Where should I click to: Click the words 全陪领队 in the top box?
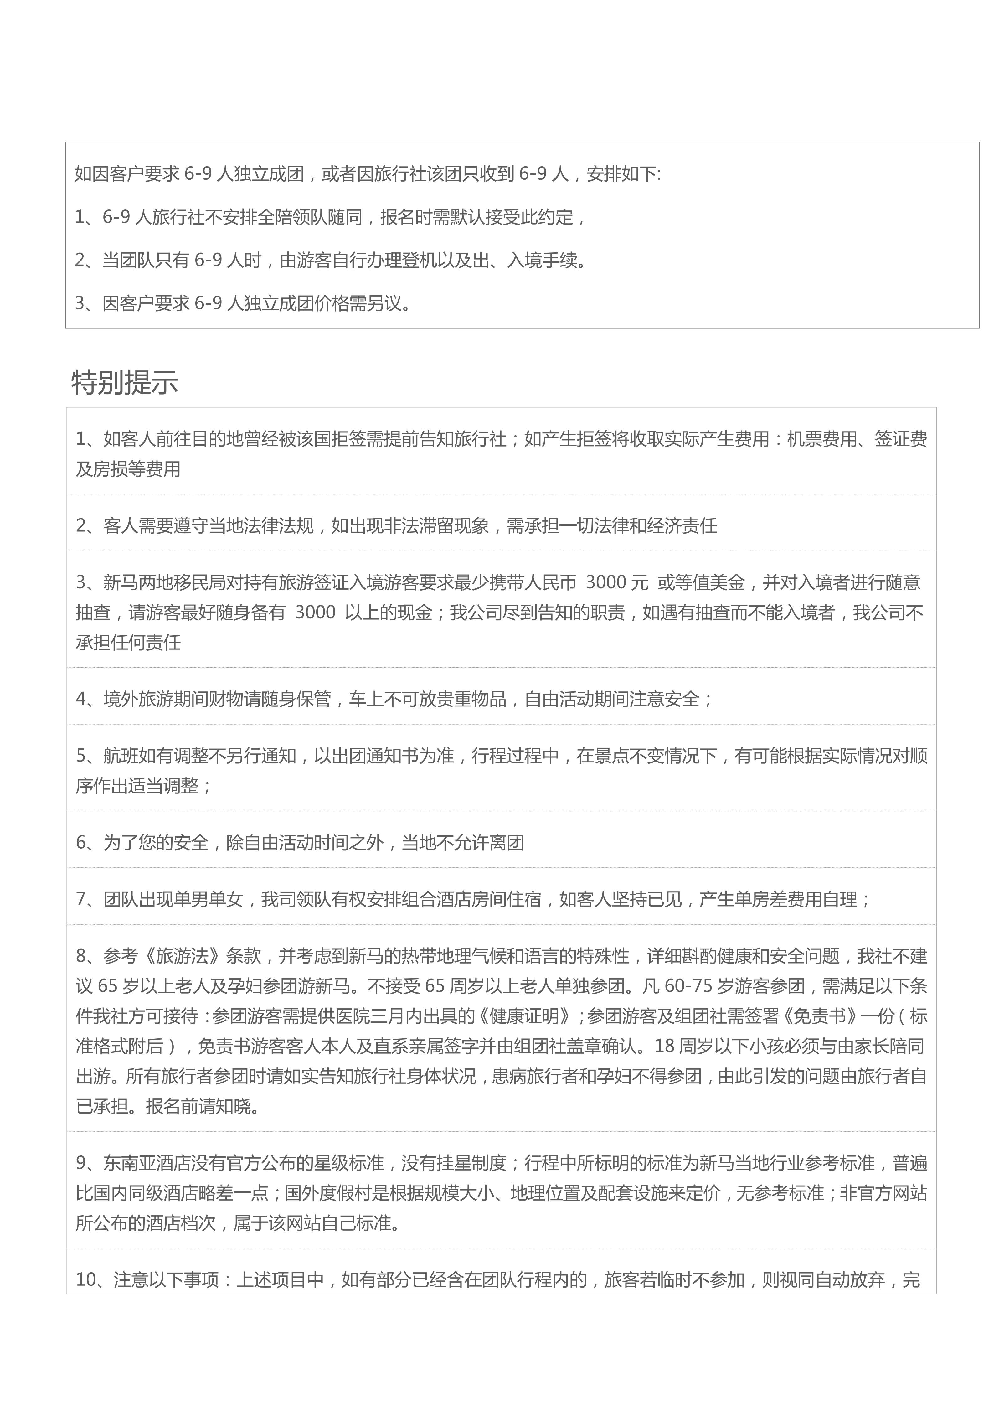[275, 217]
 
